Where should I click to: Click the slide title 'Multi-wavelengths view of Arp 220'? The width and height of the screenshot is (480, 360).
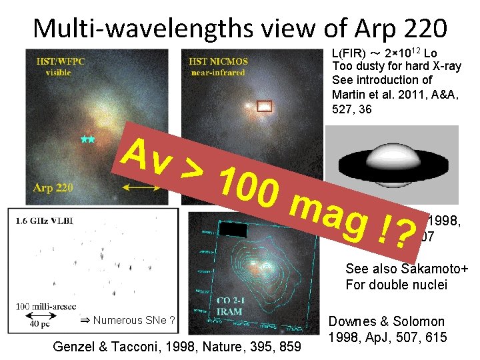(x=240, y=27)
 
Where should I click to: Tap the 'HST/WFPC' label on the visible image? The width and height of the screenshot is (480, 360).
(x=55, y=62)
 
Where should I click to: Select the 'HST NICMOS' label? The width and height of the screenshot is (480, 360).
(x=218, y=61)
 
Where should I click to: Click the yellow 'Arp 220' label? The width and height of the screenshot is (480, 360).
(x=53, y=187)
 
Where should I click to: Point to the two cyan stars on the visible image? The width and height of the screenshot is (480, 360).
(x=87, y=139)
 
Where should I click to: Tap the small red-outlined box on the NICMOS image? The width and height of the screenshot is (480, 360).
(x=265, y=104)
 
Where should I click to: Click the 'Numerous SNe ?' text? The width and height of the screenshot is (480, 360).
(x=127, y=320)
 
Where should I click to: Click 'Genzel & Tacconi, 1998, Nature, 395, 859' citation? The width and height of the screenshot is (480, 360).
(x=177, y=346)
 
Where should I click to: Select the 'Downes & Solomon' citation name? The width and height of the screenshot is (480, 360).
(x=387, y=322)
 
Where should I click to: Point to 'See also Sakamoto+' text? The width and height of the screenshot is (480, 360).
(x=407, y=269)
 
